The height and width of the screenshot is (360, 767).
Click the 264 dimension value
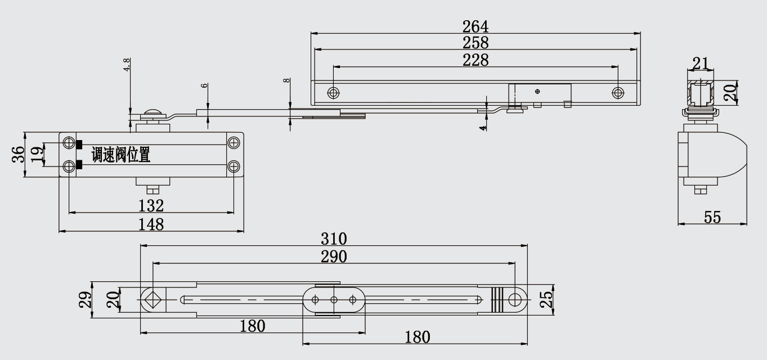tap(476, 26)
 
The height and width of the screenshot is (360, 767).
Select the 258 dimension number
tap(476, 43)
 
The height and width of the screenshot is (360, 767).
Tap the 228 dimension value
tap(476, 60)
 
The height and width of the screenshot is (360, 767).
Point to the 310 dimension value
tap(334, 238)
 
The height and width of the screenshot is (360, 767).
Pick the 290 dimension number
tap(334, 256)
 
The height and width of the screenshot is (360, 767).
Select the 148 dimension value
tap(151, 224)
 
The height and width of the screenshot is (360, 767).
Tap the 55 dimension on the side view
tap(712, 217)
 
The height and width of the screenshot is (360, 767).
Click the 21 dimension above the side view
tap(701, 64)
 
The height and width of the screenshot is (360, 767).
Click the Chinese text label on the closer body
tap(121, 155)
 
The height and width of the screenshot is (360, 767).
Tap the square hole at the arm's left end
tap(151, 299)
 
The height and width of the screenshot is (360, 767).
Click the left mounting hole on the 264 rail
tap(334, 92)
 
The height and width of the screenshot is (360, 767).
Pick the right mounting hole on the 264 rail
tap(618, 92)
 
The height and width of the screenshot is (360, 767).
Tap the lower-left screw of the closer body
tap(69, 166)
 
